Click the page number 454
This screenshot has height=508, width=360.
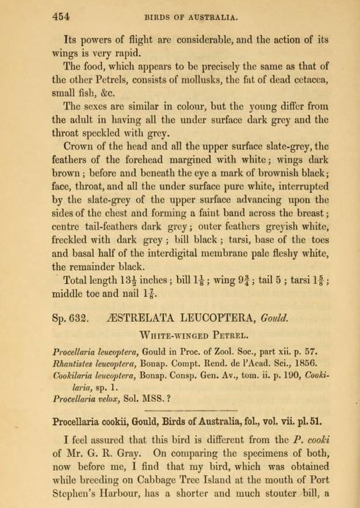coord(60,17)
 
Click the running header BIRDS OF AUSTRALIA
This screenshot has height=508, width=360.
coord(190,17)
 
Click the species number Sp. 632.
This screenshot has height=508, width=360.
coord(70,317)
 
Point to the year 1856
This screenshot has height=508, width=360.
coord(304,363)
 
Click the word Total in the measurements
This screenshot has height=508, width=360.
coord(77,280)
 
